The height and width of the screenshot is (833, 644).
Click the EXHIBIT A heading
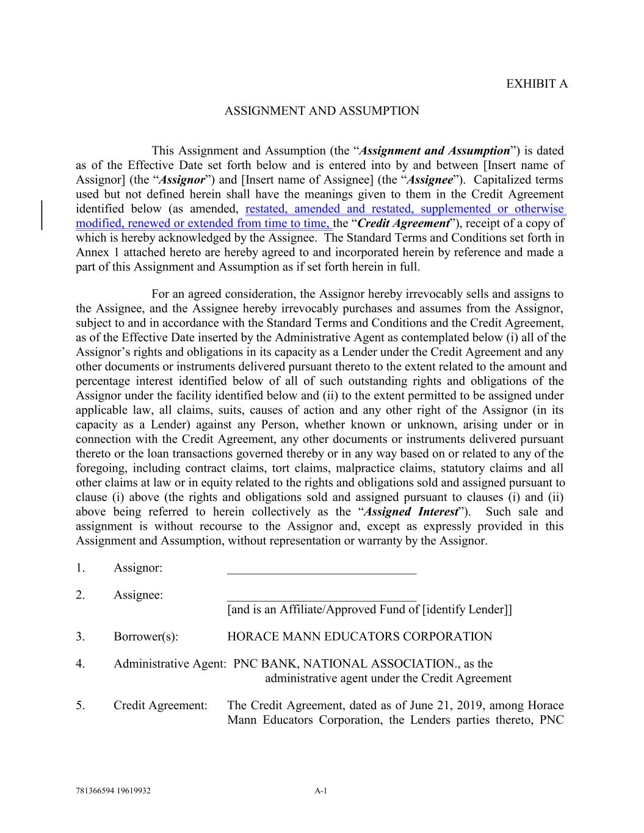pos(537,84)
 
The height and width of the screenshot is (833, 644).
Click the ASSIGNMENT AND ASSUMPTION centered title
pos(322,111)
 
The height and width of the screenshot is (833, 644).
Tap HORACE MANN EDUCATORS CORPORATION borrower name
pos(359,637)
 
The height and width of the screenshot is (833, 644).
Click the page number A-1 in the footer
pos(321,791)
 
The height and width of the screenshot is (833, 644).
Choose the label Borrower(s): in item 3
pos(146,637)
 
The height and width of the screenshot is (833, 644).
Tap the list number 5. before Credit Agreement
pos(81,706)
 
